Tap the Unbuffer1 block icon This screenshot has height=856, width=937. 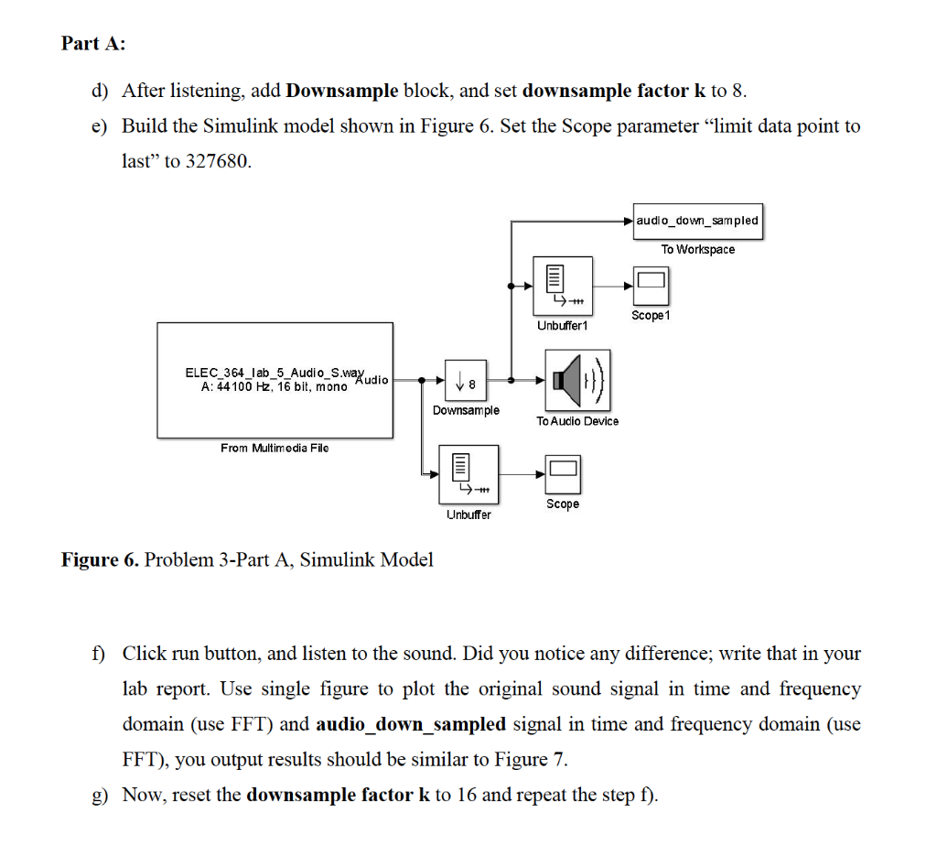tap(562, 286)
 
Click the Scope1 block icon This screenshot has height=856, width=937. tap(651, 286)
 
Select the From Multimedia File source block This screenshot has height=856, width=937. tap(275, 380)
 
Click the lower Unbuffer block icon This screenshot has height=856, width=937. tap(468, 474)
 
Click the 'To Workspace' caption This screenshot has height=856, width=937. tap(697, 249)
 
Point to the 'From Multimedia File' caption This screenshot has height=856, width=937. tap(275, 448)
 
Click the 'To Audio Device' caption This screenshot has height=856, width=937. tap(576, 421)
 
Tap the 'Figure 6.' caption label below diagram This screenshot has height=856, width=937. tap(100, 559)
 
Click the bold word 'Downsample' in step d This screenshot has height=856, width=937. tap(341, 91)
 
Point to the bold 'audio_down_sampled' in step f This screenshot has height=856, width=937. tap(410, 724)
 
